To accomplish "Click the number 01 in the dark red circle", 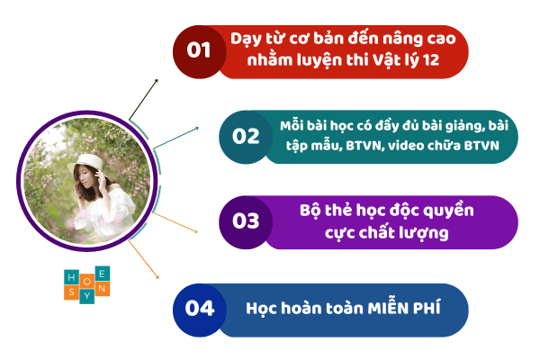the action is tap(199, 50).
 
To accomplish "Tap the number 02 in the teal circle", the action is tap(246, 136).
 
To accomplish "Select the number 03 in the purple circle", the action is tap(246, 221).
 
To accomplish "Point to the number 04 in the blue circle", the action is tap(200, 308).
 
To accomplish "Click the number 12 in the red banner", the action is tap(431, 60).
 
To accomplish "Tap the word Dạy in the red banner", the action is tap(246, 40).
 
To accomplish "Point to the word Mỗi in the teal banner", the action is tap(292, 125).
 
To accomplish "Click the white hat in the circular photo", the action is tap(85, 163).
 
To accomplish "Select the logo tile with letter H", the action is tap(72, 277).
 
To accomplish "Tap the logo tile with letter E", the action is tap(103, 274).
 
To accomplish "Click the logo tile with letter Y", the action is tap(86, 296).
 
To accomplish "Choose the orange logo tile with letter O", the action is tap(87, 282).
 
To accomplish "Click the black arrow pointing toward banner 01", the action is tap(143, 100).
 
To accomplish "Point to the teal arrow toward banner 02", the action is tap(176, 138).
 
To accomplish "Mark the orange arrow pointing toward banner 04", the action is tap(143, 259).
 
